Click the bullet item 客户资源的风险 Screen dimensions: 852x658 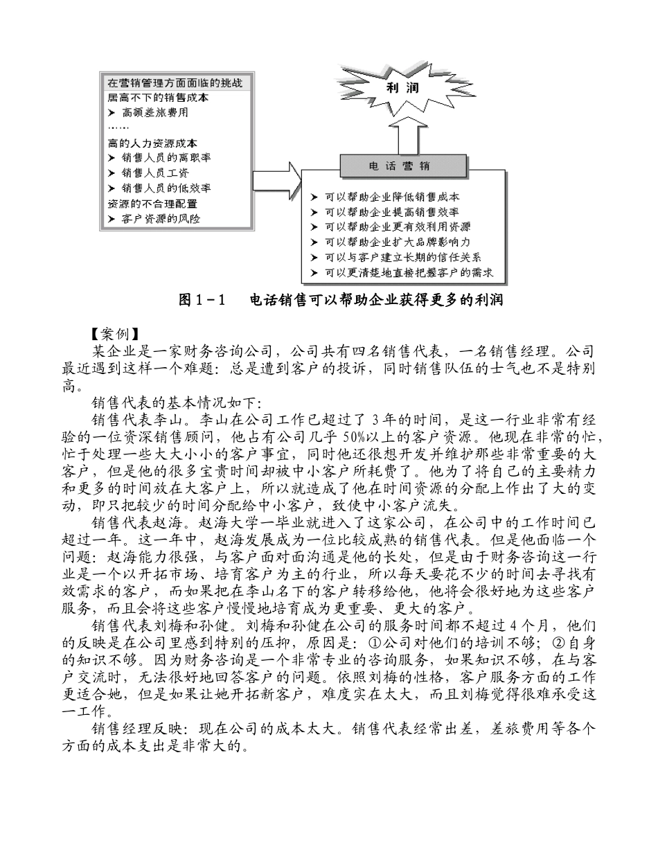pyautogui.click(x=160, y=219)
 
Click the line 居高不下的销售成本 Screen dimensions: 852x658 pyautogui.click(x=158, y=97)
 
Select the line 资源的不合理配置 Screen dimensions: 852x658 pyautogui.click(x=152, y=204)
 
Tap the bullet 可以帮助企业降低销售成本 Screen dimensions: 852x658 pyautogui.click(x=392, y=197)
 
